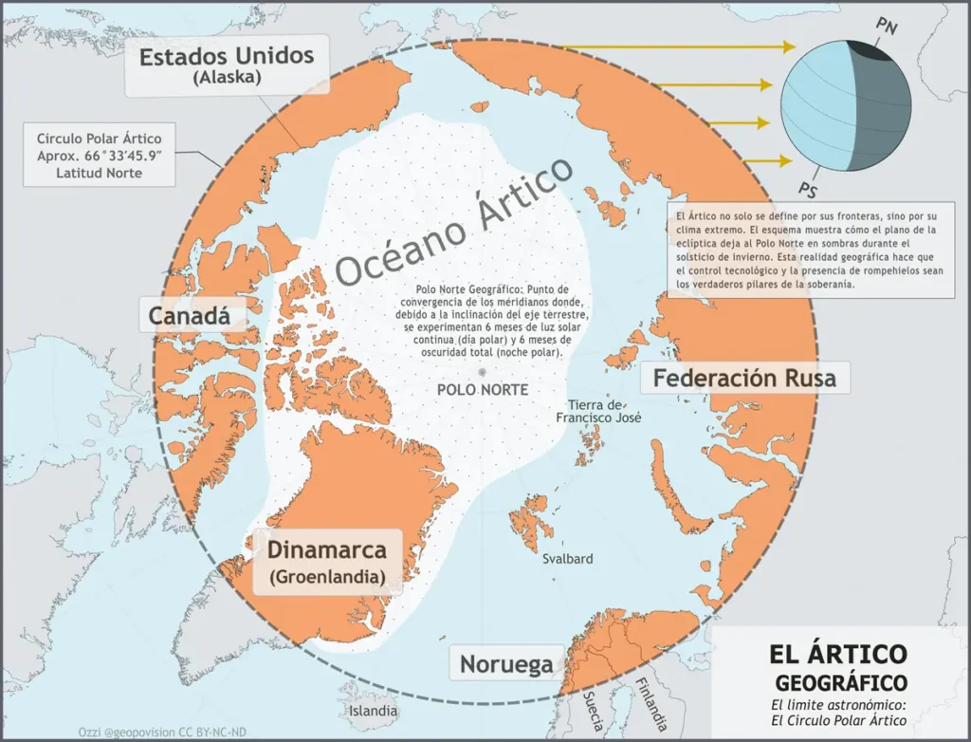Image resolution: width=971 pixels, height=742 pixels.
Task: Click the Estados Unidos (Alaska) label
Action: click(226, 65)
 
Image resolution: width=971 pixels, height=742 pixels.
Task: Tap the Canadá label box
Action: click(191, 316)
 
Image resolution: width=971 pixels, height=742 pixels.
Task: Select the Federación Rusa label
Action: click(744, 378)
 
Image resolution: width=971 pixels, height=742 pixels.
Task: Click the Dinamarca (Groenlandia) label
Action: click(327, 561)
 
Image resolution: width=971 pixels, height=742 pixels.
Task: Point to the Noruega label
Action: click(506, 663)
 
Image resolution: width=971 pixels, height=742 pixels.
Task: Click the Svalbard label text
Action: click(567, 559)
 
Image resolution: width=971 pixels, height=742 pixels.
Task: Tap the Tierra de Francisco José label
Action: click(598, 411)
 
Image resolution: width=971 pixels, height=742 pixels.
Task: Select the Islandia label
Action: click(373, 710)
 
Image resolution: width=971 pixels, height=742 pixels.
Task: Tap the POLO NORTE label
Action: click(483, 390)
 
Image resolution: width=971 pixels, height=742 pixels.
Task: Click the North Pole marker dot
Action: click(483, 371)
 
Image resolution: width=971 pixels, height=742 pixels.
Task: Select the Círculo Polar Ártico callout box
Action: click(100, 155)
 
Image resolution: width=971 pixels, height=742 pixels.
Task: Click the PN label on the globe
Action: click(888, 26)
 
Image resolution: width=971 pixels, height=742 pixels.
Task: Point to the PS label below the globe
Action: click(808, 184)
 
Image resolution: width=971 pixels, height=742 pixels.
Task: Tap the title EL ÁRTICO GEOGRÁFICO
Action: click(839, 667)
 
